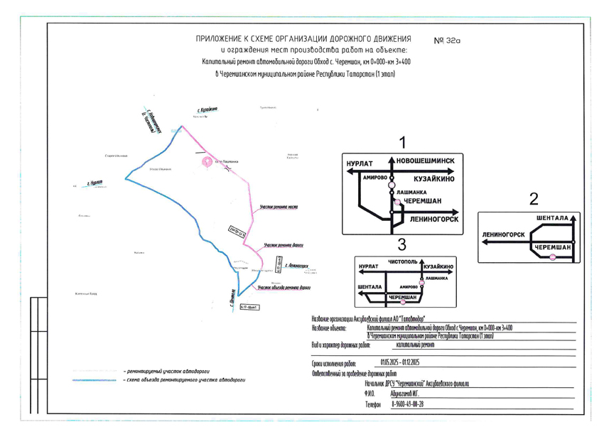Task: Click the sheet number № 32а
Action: coord(447,40)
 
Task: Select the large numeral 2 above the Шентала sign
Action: coord(534,200)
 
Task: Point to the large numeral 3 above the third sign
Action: coord(401,245)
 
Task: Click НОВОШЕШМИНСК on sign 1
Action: coord(426,161)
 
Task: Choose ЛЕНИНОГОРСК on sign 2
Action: coord(503,234)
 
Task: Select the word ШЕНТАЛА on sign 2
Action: coord(553,217)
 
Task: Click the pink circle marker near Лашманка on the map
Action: coord(207,162)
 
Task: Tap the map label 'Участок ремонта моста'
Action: coord(278,206)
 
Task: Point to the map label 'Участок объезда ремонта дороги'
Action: coord(283,288)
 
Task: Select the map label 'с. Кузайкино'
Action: coord(207,110)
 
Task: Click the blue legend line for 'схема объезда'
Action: coord(95,381)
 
